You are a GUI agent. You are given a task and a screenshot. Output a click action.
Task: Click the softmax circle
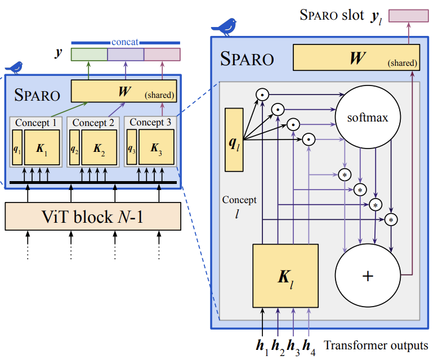coord(368,118)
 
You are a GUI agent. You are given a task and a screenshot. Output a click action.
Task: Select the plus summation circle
coord(368,276)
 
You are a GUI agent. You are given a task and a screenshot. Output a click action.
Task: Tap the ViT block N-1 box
coord(93,215)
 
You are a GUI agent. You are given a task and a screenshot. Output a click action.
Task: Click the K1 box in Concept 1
coord(42,147)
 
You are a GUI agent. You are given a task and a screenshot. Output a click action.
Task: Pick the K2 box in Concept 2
coord(99,147)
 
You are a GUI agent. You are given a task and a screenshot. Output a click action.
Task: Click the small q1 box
coord(17,147)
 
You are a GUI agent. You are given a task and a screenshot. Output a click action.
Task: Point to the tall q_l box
coord(234,139)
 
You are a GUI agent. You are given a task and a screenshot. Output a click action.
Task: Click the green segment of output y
coord(88,54)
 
